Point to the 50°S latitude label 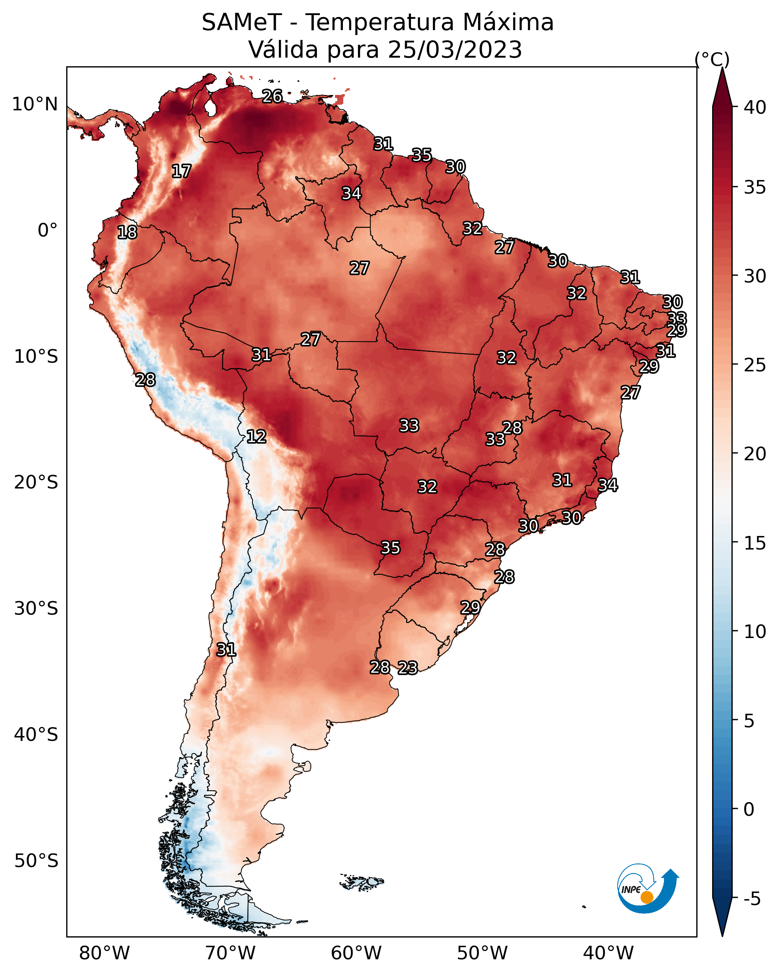36,861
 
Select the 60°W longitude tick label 356,953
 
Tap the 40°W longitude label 608,953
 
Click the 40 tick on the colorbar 755,107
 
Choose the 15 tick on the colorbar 755,543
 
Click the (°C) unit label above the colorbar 712,59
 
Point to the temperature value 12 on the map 256,437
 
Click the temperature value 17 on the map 181,171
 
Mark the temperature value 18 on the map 127,232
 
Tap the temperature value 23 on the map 408,668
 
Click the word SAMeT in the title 242,22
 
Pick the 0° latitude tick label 48,231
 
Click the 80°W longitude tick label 104,953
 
